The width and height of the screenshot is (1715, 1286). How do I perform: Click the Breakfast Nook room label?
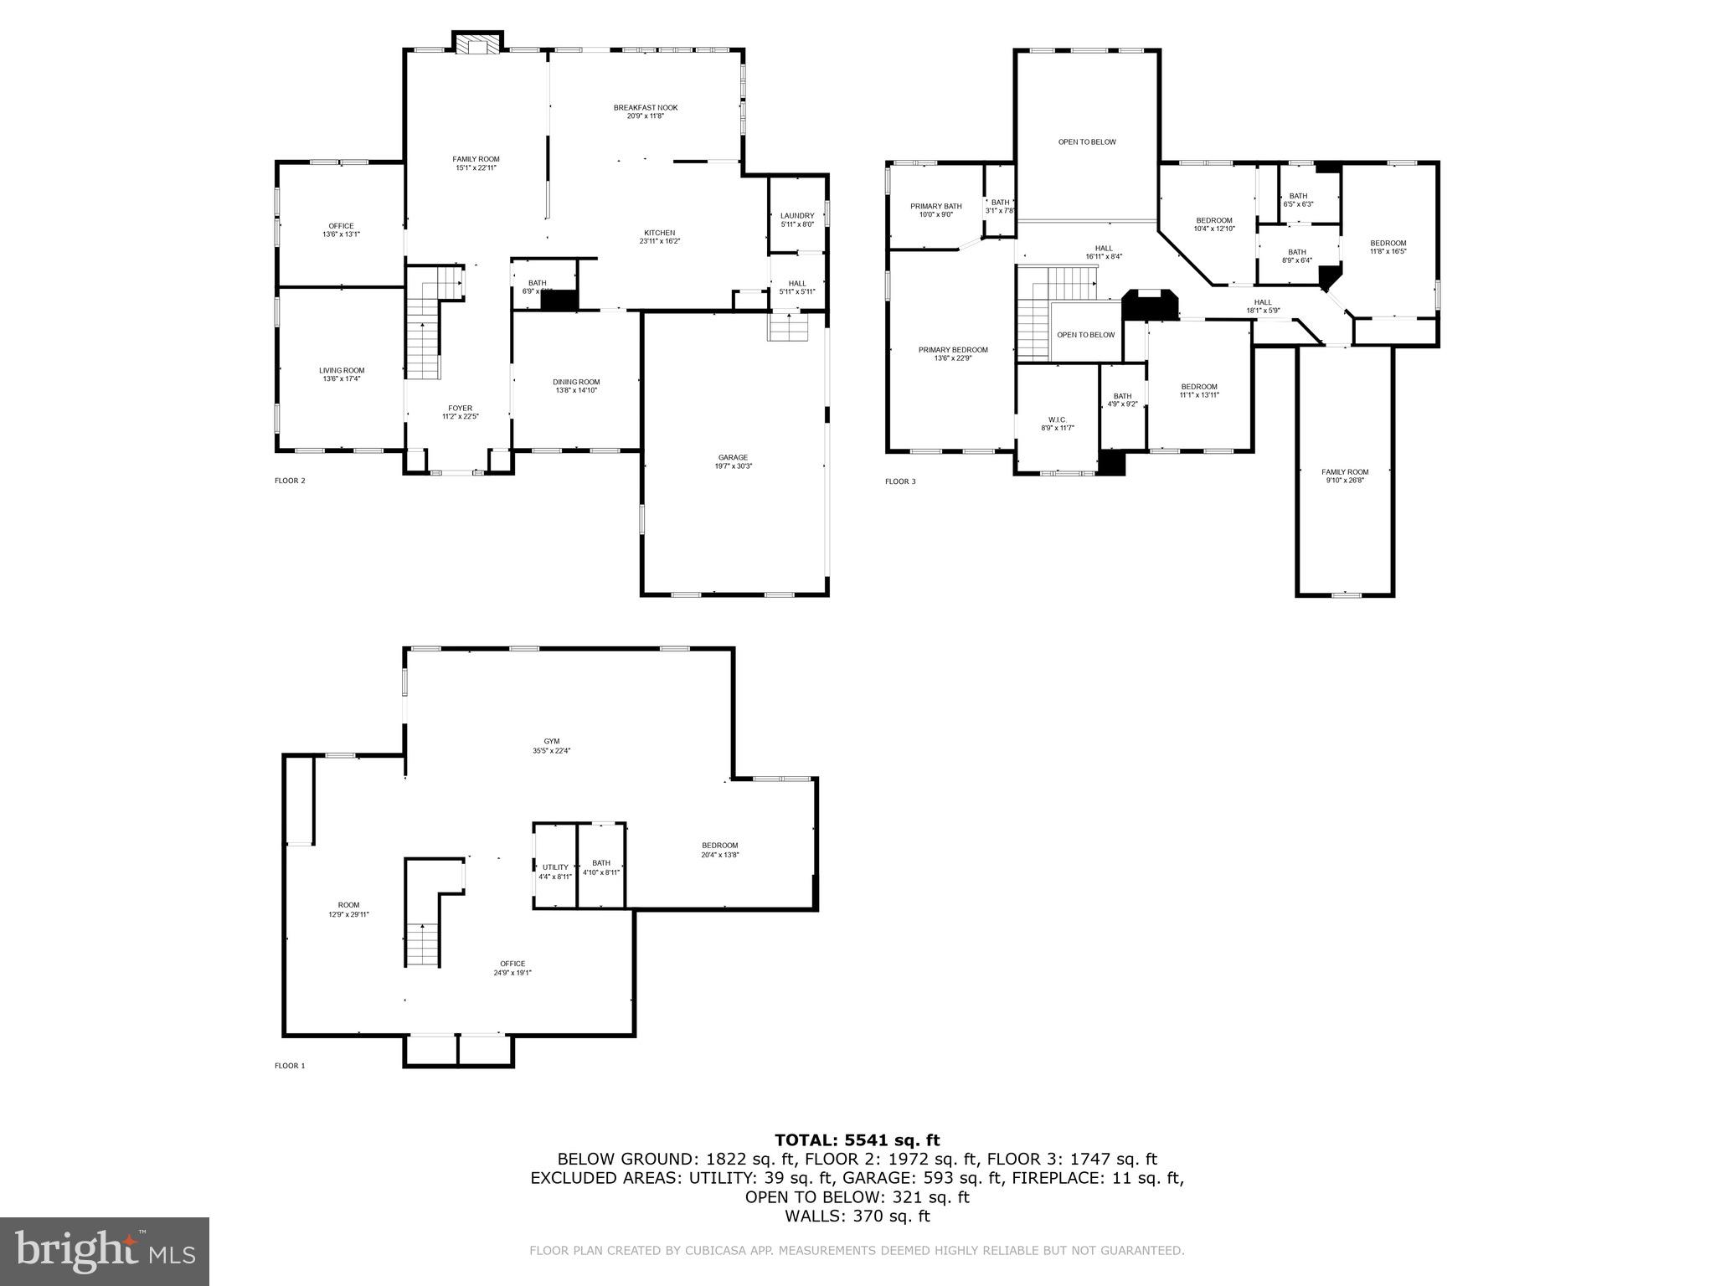[x=645, y=111]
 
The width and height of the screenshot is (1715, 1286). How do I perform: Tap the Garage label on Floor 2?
[x=733, y=461]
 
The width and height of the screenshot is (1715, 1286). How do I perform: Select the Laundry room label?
[x=796, y=219]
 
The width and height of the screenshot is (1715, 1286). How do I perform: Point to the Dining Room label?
[x=576, y=385]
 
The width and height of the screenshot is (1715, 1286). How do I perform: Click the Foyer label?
[x=460, y=412]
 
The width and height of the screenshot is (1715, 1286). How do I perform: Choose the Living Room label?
[x=342, y=374]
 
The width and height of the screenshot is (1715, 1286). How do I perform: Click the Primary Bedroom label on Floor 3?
[x=952, y=353]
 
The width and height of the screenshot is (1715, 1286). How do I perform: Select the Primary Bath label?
[x=935, y=209]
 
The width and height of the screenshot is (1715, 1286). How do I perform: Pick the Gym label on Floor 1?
[x=551, y=745]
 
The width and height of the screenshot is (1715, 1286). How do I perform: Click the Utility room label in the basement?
[x=555, y=871]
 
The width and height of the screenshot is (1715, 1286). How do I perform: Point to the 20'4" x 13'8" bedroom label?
[x=719, y=849]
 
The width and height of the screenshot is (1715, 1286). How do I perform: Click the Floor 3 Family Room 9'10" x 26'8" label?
[x=1345, y=476]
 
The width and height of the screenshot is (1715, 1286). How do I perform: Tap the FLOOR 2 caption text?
[x=290, y=481]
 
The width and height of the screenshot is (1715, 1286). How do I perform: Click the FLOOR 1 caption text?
[x=290, y=1066]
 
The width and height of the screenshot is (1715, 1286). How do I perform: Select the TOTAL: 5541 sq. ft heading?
[x=857, y=1139]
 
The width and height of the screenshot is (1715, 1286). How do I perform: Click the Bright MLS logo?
[x=105, y=1252]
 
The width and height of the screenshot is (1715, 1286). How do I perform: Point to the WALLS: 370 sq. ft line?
[x=857, y=1217]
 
